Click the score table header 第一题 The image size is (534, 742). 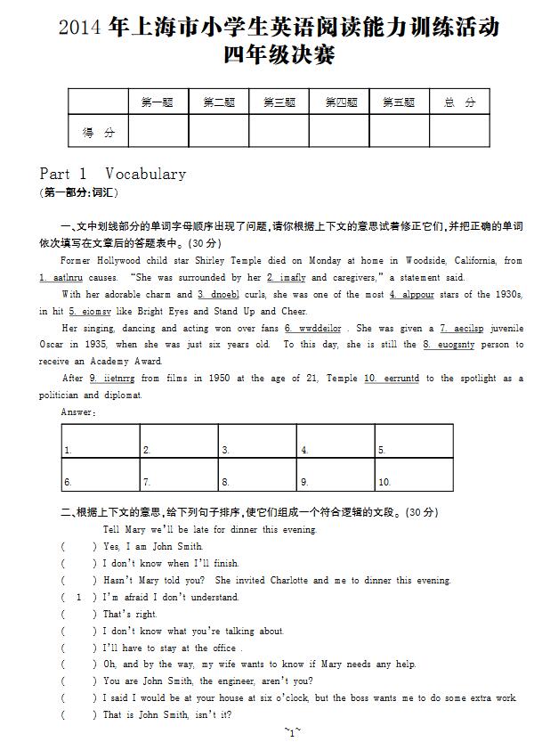click(x=158, y=103)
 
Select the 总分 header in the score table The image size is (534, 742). click(x=459, y=103)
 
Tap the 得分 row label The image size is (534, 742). click(x=98, y=133)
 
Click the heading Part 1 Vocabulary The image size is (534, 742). click(x=112, y=175)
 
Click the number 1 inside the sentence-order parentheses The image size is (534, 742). click(x=79, y=597)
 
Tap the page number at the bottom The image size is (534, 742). click(x=292, y=732)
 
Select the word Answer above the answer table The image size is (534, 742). click(x=78, y=412)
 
